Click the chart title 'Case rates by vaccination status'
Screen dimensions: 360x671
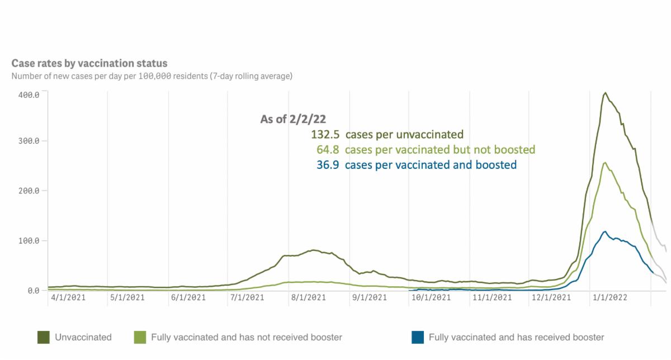89,64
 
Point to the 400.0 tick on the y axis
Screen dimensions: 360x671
28,94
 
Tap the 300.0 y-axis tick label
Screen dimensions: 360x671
28,141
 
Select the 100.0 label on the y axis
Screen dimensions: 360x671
28,241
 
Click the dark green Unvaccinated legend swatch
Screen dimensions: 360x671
44,337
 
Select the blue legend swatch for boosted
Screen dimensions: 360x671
418,337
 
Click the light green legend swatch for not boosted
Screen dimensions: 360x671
140,337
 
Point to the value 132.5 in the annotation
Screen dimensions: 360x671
325,134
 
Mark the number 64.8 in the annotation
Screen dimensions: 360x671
327,150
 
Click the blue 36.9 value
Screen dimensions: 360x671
327,165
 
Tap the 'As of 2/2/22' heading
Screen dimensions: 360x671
293,119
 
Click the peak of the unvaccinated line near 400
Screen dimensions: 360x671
605,93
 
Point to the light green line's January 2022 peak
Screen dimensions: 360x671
605,163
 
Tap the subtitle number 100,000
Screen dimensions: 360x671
158,75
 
